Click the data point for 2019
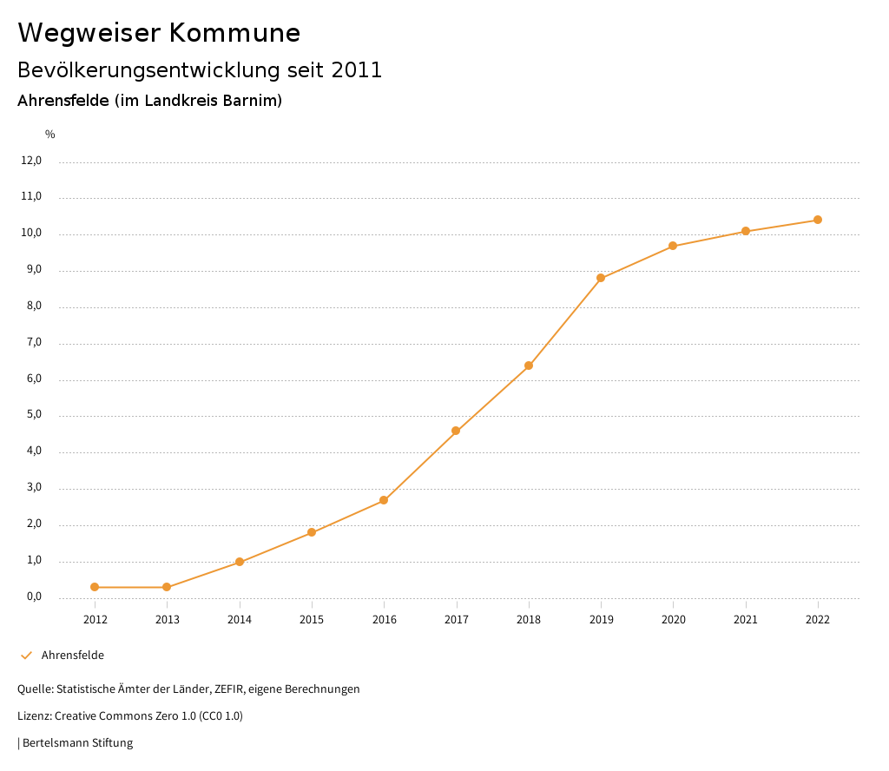pos(601,278)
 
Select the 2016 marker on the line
pos(384,500)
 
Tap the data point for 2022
pos(818,220)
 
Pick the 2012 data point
pos(95,587)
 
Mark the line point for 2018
pos(529,366)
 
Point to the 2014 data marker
pos(240,562)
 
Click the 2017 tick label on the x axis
pos(457,619)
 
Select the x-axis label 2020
pos(674,619)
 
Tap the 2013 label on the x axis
pos(168,619)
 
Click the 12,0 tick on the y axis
pos(31,161)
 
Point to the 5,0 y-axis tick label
pos(33,415)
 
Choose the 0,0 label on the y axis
pos(33,596)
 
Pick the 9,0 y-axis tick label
pos(33,270)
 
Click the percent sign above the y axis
pos(50,135)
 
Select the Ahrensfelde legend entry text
pos(72,656)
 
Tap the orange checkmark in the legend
pos(26,656)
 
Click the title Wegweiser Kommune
pos(159,33)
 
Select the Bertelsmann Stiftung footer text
pos(77,743)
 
